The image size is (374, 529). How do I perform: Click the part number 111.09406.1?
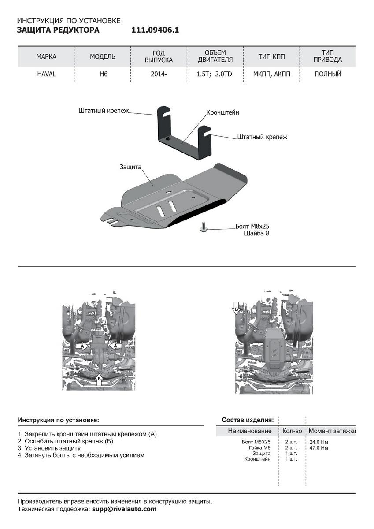155,30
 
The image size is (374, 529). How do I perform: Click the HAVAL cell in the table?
46,74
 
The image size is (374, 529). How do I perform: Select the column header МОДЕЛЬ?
103,57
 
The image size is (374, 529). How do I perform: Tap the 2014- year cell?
159,74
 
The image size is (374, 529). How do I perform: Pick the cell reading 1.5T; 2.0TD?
215,74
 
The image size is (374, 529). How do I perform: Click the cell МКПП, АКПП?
272,74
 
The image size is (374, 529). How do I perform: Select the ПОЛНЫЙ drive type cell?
328,74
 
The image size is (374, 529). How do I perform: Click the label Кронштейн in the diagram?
223,112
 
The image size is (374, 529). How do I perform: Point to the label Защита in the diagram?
130,168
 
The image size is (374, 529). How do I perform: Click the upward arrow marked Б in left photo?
99,380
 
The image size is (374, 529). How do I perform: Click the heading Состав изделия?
248,420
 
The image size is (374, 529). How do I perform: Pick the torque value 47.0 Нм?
318,447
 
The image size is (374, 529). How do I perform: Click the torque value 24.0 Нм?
318,442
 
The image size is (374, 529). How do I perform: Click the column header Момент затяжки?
332,431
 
